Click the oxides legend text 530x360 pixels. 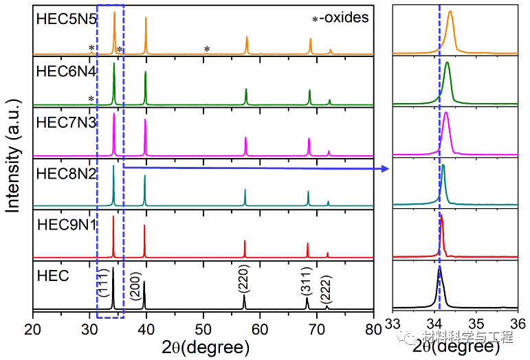340,17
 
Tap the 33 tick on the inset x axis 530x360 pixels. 393,324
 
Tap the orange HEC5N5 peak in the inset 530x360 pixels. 450,14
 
